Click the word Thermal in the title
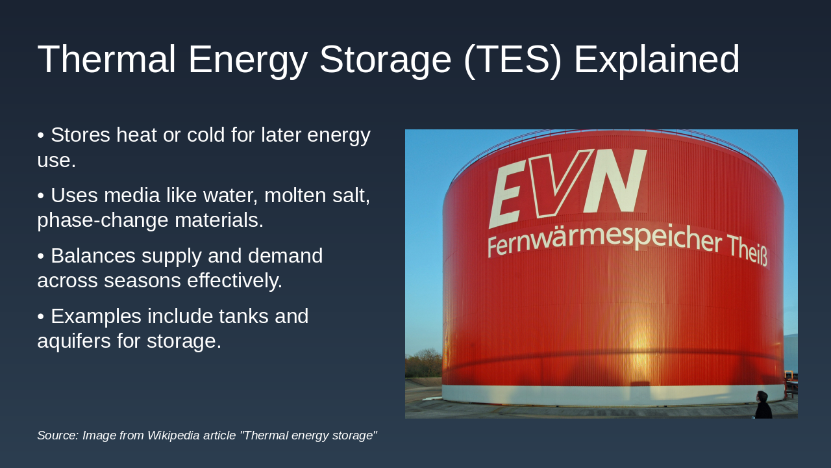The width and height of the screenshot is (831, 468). pyautogui.click(x=106, y=59)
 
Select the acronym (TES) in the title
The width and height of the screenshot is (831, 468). pyautogui.click(x=512, y=59)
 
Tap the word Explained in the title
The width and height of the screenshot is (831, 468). pyautogui.click(x=656, y=59)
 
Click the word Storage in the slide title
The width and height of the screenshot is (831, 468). pyautogui.click(x=385, y=59)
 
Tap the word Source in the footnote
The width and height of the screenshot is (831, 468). pyautogui.click(x=57, y=435)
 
